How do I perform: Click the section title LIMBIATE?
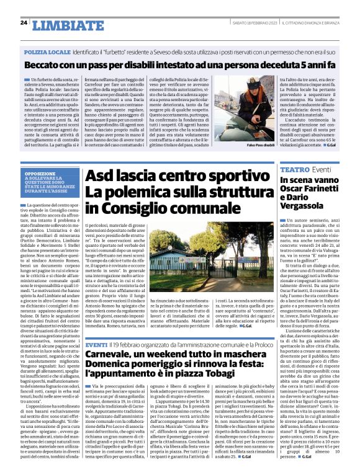coord(68,25)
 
